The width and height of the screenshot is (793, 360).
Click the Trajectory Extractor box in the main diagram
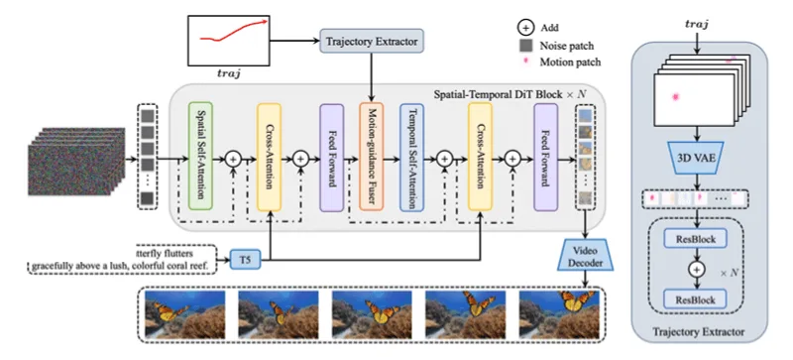point(373,41)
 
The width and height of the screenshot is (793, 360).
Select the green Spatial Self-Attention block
point(200,157)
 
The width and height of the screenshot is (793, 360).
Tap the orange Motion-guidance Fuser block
point(372,157)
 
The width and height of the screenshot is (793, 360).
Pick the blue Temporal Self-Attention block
point(411,157)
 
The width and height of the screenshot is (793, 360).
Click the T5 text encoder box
point(245,261)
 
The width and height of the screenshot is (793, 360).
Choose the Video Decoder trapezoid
point(586,255)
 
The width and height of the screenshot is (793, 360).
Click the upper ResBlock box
point(696,239)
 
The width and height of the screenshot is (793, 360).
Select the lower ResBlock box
point(696,300)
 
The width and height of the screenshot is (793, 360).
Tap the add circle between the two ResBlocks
point(697,270)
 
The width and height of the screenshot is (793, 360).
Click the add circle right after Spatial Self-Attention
point(233,159)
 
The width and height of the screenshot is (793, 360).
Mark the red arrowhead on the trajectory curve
point(265,21)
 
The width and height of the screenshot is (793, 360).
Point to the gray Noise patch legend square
point(526,46)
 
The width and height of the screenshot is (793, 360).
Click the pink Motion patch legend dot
point(526,61)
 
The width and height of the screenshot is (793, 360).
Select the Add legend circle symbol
point(526,28)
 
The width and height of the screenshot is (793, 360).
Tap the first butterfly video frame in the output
point(185,314)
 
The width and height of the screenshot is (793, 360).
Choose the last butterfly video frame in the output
point(559,314)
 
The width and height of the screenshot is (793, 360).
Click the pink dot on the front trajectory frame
point(675,97)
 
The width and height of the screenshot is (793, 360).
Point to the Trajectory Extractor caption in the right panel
point(699,332)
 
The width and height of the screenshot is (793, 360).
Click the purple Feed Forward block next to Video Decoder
point(546,157)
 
